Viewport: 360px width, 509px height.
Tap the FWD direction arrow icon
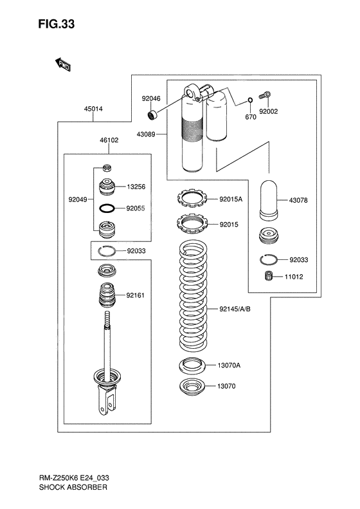pos(62,64)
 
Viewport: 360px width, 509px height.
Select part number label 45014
pos(93,109)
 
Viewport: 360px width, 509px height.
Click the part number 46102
pos(108,140)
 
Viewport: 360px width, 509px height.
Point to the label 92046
pos(151,98)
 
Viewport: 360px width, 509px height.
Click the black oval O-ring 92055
pos(107,208)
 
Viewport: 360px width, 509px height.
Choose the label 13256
pos(136,187)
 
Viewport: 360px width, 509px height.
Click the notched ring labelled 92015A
pos(192,198)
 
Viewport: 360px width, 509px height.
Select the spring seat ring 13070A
pos(192,365)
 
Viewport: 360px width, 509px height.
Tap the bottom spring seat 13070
pos(192,387)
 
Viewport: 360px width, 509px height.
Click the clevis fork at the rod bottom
pos(107,403)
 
